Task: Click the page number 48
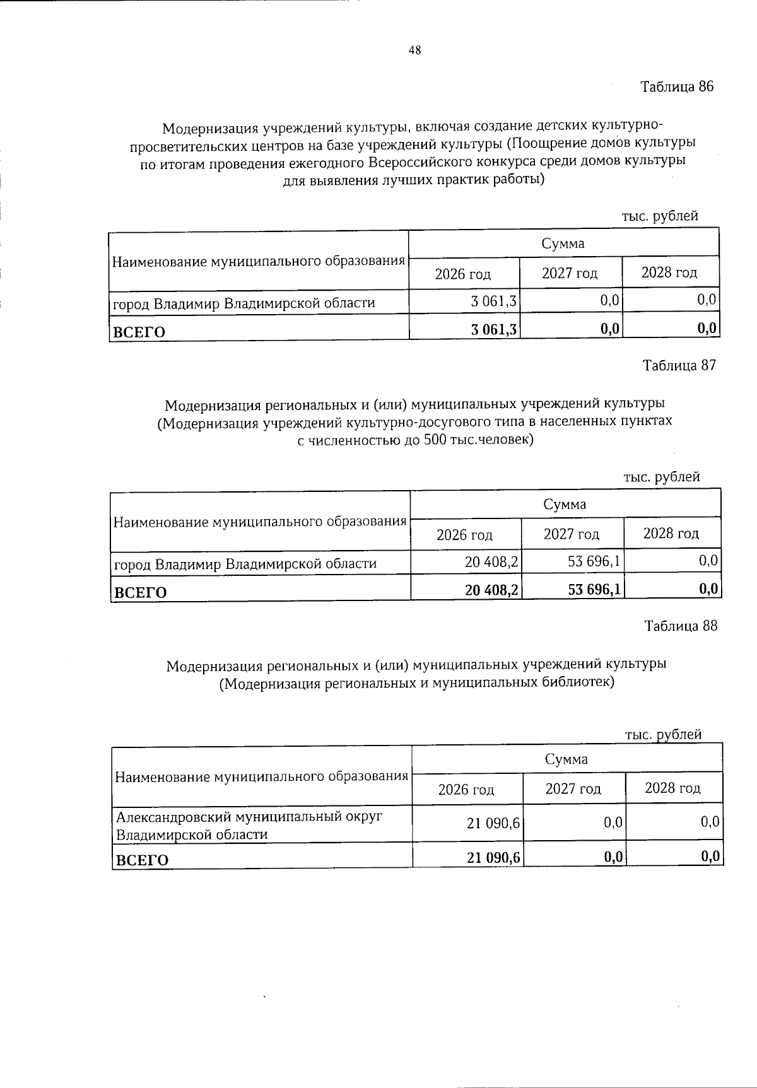414,51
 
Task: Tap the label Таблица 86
677,87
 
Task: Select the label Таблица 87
679,366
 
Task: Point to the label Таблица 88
680,626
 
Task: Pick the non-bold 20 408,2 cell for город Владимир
491,561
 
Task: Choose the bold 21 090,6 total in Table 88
494,857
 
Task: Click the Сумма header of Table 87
565,504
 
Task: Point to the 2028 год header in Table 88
672,788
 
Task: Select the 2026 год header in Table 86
463,274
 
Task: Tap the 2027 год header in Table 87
572,534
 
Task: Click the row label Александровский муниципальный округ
249,817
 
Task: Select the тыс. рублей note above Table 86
660,216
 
